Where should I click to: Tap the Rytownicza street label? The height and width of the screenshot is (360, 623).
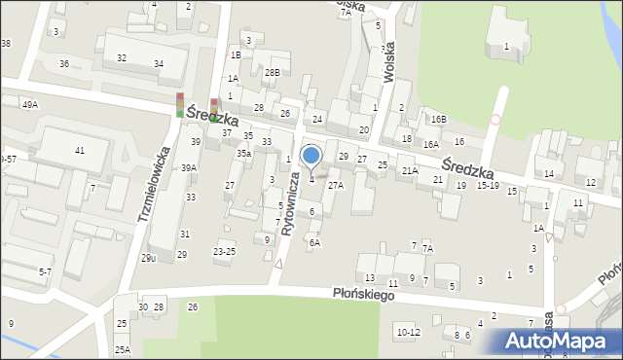(x=290, y=203)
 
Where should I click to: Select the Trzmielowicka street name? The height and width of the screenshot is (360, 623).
(x=155, y=185)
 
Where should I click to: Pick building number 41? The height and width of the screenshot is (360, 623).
(x=79, y=150)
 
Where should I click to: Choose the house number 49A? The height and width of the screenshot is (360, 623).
(x=30, y=104)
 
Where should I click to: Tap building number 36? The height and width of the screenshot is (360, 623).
(x=64, y=63)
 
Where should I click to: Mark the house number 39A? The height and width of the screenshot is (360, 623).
(x=189, y=167)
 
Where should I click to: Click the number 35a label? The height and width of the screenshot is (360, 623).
(x=243, y=153)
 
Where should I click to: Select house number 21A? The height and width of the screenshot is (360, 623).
(x=410, y=170)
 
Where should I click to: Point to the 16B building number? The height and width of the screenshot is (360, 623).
(x=438, y=119)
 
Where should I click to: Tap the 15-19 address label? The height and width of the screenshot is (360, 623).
(x=488, y=185)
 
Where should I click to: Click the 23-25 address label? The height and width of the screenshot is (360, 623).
(x=224, y=251)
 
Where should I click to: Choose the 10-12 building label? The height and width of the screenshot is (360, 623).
(x=409, y=332)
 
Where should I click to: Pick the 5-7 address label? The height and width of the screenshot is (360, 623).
(x=46, y=272)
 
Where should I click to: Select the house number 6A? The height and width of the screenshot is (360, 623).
(x=313, y=243)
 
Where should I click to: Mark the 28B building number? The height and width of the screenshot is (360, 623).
(x=272, y=72)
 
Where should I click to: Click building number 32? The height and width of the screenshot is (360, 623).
(x=122, y=57)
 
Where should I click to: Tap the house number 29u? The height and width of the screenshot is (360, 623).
(x=148, y=257)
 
